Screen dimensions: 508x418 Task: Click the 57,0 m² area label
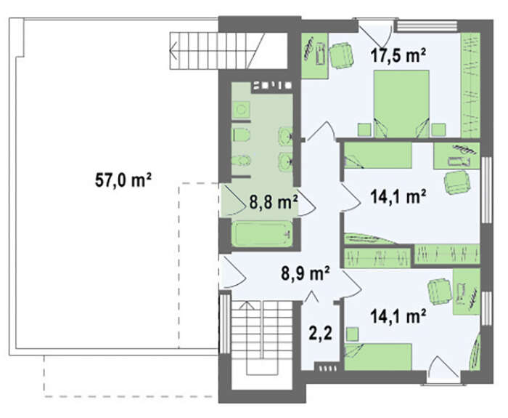coord(123,180)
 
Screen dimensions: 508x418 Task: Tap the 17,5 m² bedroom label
coord(398,55)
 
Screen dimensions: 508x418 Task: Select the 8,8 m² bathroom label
coord(274,202)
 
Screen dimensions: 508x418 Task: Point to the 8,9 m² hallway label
coord(306,273)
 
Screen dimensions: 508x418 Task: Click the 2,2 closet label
coord(321,333)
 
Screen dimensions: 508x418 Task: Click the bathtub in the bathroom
coord(263,233)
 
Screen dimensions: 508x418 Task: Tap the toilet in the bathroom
coord(241,134)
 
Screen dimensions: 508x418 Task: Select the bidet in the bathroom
coord(241,161)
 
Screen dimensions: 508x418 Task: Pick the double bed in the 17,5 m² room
coord(401,103)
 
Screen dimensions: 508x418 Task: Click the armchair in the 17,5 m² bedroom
coord(341,56)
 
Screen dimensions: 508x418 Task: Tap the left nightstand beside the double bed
coord(364,130)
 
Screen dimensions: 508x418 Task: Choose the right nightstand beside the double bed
coord(438,130)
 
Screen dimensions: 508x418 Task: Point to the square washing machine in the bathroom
coord(241,110)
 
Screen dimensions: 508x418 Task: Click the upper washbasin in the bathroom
coord(285,137)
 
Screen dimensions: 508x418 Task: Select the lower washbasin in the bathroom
coord(285,161)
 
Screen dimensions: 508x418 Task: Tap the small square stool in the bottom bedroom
coord(352,334)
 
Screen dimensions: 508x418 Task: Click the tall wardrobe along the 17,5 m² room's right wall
coord(470,85)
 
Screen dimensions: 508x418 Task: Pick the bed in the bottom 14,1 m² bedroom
coord(378,357)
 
